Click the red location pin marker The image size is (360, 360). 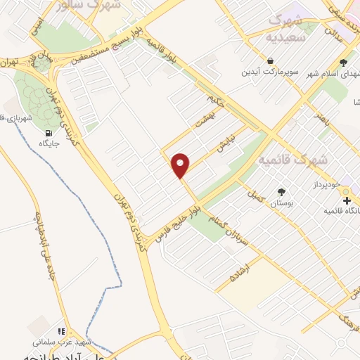click(181, 165)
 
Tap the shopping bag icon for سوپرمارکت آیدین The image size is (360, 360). click(271, 60)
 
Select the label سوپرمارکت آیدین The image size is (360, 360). click(271, 72)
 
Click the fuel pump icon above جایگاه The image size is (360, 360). click(48, 134)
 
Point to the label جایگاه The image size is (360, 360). click(49, 146)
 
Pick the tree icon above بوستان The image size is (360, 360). click(282, 191)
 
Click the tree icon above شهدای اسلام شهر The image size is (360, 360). click(342, 62)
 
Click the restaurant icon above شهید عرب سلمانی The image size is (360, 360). click(62, 330)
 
